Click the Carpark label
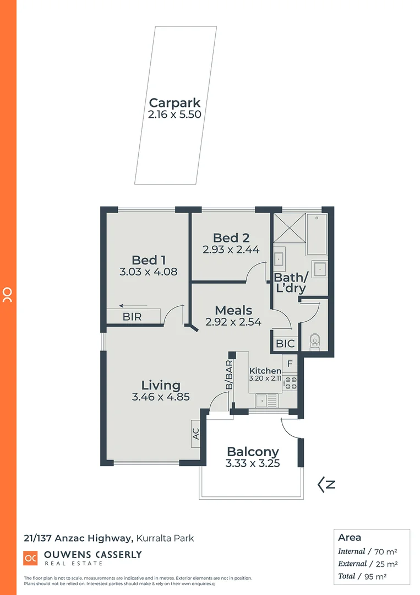pos(174,102)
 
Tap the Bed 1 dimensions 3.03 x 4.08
pos(149,272)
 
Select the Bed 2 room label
pos(231,238)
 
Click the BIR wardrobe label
pos(132,317)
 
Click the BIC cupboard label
pos(286,344)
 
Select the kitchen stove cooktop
pos(290,383)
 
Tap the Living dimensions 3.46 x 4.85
pos(161,396)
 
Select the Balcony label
pos(253,452)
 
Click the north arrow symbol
pos(326,485)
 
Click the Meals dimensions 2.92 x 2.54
pos(233,322)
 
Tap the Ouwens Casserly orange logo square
pos(30,558)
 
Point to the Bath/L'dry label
pos(290,283)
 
